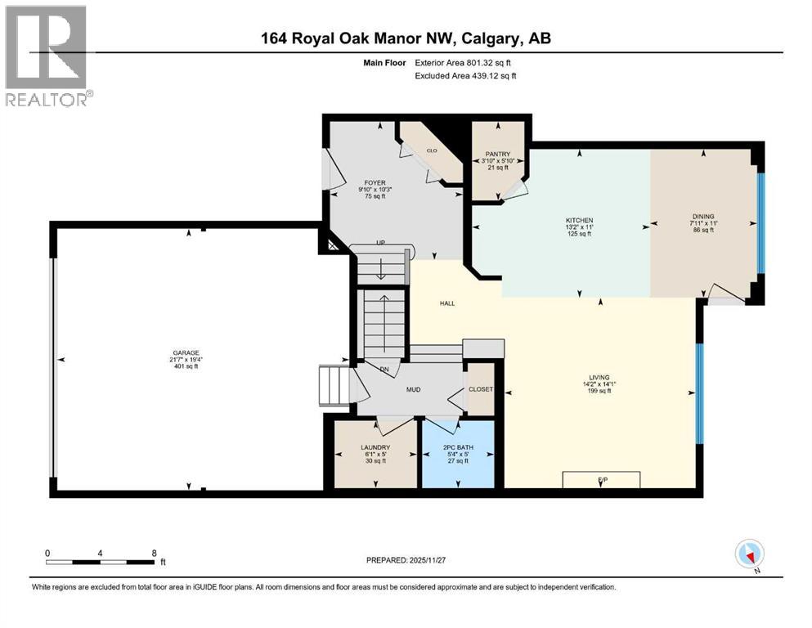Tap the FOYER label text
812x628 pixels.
[375, 183]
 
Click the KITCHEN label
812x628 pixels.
[579, 221]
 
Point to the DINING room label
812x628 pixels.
[703, 218]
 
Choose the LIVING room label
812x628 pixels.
[599, 378]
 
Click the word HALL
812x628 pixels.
[446, 303]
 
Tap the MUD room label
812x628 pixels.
[414, 389]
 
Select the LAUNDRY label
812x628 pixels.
[375, 447]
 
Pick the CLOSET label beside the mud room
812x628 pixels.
[481, 389]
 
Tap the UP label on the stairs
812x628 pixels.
[379, 244]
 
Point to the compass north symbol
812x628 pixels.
[750, 554]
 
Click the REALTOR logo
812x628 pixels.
[47, 56]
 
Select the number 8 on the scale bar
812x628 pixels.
[154, 553]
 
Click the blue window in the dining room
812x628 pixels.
[760, 222]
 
